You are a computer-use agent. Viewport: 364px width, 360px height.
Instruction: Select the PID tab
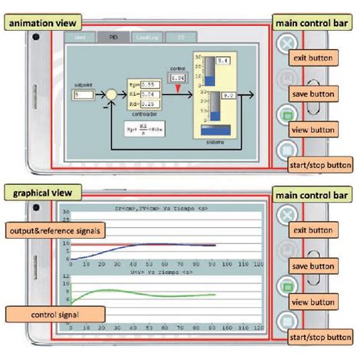pyautogui.click(x=114, y=36)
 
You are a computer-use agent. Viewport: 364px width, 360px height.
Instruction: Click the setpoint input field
pyautogui.click(x=82, y=94)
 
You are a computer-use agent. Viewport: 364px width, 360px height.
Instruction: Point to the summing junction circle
pyautogui.click(x=111, y=94)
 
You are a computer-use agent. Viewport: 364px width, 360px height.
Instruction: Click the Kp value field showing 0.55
pyautogui.click(x=151, y=83)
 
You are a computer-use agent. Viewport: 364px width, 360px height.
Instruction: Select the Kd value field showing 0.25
pyautogui.click(x=151, y=102)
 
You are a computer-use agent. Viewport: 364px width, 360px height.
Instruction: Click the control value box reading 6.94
pyautogui.click(x=178, y=79)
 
